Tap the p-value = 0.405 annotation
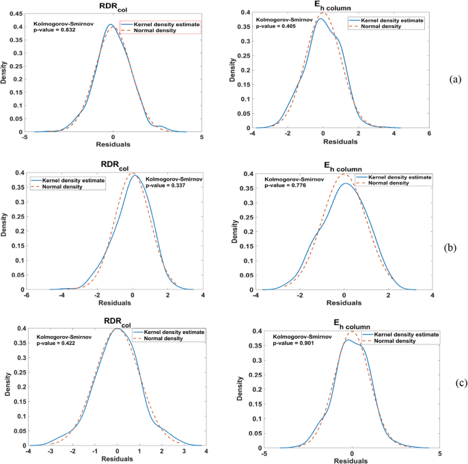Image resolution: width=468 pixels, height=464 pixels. pos(277,25)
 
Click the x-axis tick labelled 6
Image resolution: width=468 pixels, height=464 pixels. pos(428,135)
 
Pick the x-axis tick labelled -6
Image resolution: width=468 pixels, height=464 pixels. pos(27,296)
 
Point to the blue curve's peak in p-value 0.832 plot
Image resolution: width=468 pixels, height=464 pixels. pos(111,25)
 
